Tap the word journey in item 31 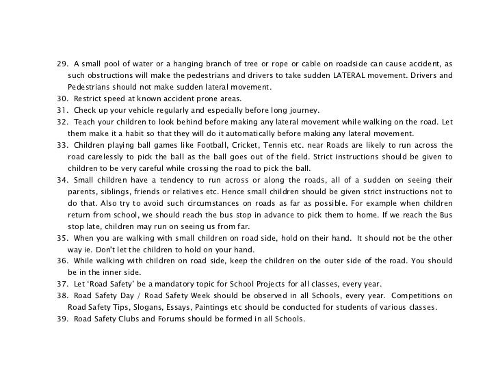pyautogui.click(x=304, y=110)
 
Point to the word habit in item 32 pyautogui.click(x=120, y=133)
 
